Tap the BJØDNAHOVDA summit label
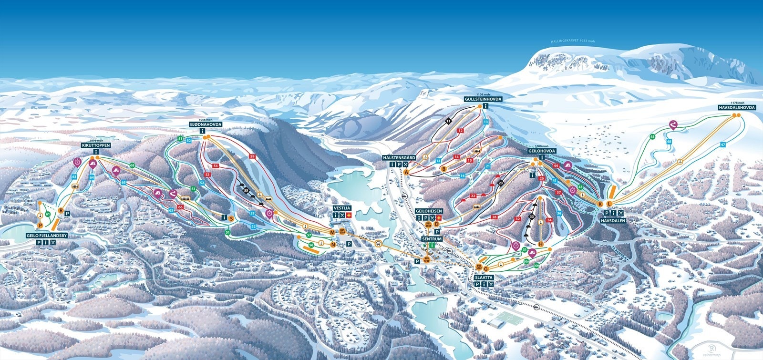(x=202, y=123)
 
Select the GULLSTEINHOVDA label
(x=484, y=99)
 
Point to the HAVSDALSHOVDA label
(x=737, y=108)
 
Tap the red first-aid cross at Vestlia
(x=349, y=216)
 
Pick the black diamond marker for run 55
(x=246, y=190)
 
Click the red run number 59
(x=252, y=156)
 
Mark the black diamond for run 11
(x=449, y=122)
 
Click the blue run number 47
(x=723, y=144)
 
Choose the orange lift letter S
(x=231, y=218)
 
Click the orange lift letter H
(x=541, y=244)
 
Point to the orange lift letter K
(x=600, y=204)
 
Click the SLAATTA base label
(x=484, y=277)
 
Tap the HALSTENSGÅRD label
(x=399, y=157)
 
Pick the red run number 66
(x=180, y=207)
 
